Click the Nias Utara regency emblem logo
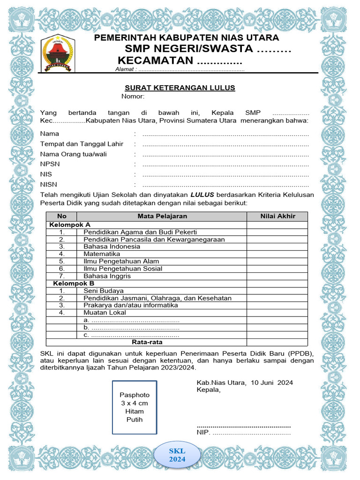pos(58,53)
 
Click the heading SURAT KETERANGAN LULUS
pos(180,88)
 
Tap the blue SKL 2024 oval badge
pos(177,455)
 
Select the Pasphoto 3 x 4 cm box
pos(135,407)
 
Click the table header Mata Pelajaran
pos(162,216)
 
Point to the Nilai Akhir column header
pos(277,216)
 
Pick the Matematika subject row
pos(101,254)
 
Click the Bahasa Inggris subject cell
pos(107,276)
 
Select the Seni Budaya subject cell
pos(104,291)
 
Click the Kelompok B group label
pos(74,284)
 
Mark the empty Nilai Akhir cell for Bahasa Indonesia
pos(277,247)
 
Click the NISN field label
pos(49,185)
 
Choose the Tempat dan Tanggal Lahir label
pos(82,144)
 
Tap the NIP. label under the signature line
pos(203,433)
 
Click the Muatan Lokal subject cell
pos(105,313)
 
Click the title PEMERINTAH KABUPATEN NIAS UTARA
pos(187,37)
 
